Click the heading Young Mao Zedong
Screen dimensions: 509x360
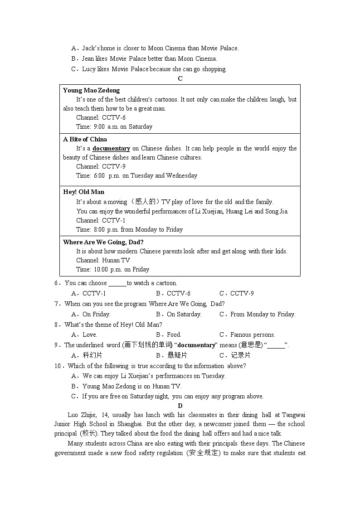point(91,90)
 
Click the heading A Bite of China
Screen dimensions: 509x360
point(85,139)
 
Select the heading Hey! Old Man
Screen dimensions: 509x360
point(83,192)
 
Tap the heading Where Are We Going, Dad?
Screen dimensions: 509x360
point(103,242)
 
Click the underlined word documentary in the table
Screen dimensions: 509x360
point(111,148)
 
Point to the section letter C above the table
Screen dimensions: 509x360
point(180,79)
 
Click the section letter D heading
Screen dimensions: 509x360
point(180,406)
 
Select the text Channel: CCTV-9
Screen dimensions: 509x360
point(101,166)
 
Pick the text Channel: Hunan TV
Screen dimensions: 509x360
point(103,260)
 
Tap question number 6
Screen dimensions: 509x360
point(57,283)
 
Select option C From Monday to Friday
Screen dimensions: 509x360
point(257,314)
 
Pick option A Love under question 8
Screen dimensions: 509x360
point(85,335)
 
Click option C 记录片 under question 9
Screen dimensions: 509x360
point(235,355)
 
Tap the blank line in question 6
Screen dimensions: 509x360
point(117,283)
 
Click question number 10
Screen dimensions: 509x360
point(58,366)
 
